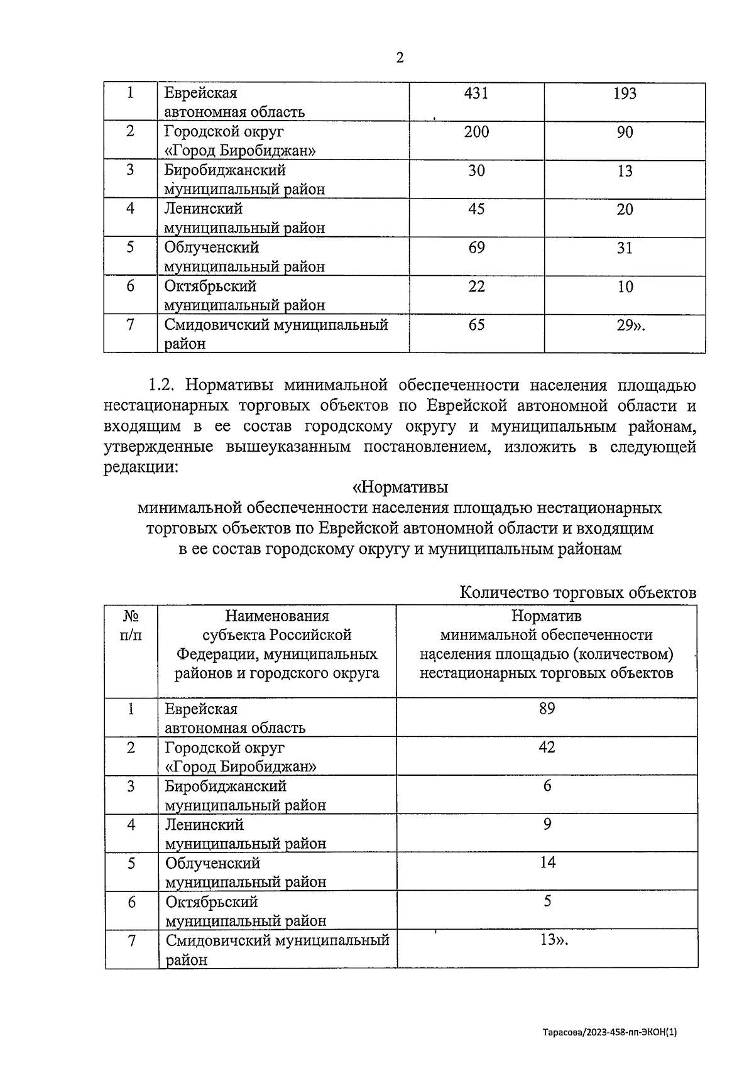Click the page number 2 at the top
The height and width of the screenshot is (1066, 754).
point(400,58)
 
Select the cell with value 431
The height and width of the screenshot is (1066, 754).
point(476,94)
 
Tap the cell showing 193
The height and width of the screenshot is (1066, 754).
point(625,94)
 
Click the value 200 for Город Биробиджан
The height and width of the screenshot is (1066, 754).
point(476,132)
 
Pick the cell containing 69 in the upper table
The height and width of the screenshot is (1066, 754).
point(476,247)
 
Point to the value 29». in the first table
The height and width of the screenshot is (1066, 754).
point(630,325)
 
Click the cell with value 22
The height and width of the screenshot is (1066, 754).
point(476,286)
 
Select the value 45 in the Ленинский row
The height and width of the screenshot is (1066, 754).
point(476,209)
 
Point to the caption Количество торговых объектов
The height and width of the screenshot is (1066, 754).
point(577,592)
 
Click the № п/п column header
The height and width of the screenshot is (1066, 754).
point(131,625)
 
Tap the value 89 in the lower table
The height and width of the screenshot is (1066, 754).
point(547,709)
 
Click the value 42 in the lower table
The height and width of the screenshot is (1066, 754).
point(547,747)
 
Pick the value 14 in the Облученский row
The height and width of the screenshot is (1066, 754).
point(547,862)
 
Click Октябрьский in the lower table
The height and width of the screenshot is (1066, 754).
point(212,902)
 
